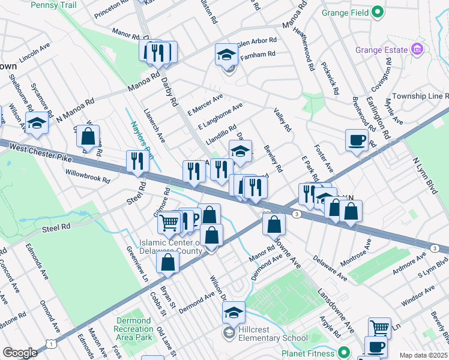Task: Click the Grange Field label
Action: (342, 11)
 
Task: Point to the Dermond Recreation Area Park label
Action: (134, 329)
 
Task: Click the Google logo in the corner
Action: (19, 353)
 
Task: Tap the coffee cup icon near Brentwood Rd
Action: (357, 140)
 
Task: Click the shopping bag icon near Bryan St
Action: (168, 262)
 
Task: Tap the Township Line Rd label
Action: (420, 96)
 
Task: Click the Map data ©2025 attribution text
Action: (423, 355)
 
